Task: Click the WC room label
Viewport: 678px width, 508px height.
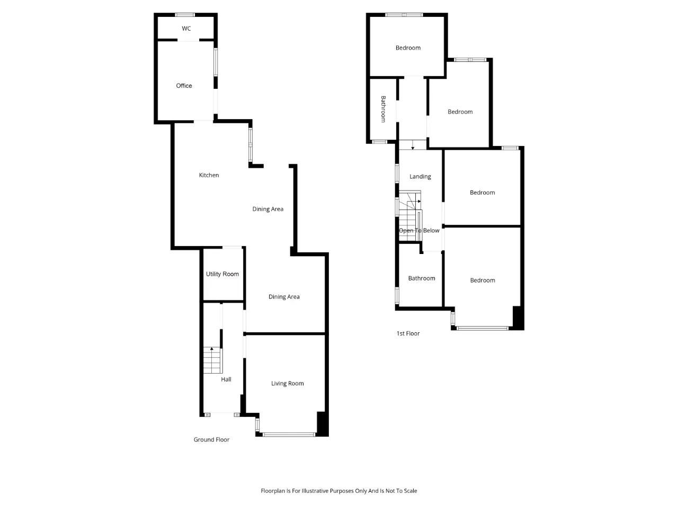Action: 186,29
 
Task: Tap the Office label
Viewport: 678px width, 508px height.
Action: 184,86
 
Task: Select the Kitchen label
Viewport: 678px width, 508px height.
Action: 209,175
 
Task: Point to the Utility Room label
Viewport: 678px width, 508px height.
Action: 222,274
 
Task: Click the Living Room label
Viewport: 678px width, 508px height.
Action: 287,384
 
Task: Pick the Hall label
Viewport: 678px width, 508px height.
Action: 226,379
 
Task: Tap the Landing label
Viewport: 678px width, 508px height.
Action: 420,176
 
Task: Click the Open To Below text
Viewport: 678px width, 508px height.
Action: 419,230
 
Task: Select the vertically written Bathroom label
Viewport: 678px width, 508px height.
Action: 383,109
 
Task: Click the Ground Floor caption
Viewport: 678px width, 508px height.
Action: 211,440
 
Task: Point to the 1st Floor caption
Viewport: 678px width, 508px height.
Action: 408,333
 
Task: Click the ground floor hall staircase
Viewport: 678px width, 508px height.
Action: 212,360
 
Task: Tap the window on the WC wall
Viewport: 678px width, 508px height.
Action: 185,15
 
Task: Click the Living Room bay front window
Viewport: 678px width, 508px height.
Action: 289,434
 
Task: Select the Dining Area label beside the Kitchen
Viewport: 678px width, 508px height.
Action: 267,209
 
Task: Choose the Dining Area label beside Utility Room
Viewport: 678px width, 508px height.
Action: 284,297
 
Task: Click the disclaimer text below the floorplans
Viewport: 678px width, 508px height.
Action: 339,491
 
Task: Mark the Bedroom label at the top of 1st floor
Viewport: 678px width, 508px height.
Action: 408,48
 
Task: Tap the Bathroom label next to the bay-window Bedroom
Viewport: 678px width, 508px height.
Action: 421,278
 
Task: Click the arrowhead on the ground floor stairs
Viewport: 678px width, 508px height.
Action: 211,349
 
